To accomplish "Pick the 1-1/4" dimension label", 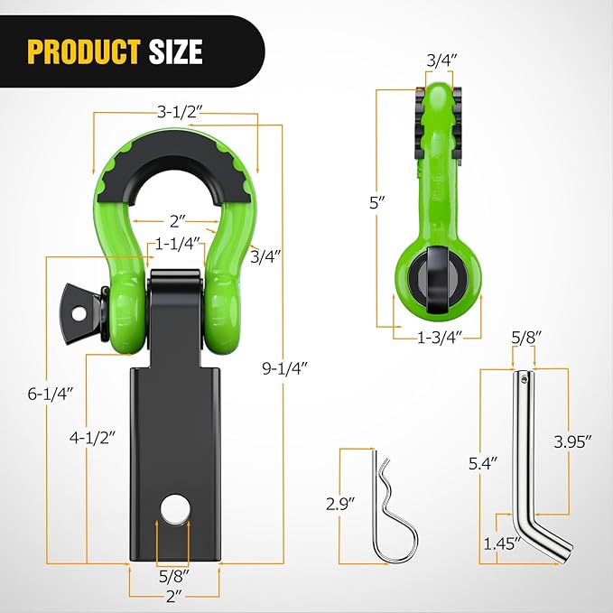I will point(177,245).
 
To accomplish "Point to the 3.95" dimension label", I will point(573,441).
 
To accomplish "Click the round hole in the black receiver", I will point(175,509).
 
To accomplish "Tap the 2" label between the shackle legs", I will point(177,219).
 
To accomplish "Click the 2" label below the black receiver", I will point(175,596).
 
